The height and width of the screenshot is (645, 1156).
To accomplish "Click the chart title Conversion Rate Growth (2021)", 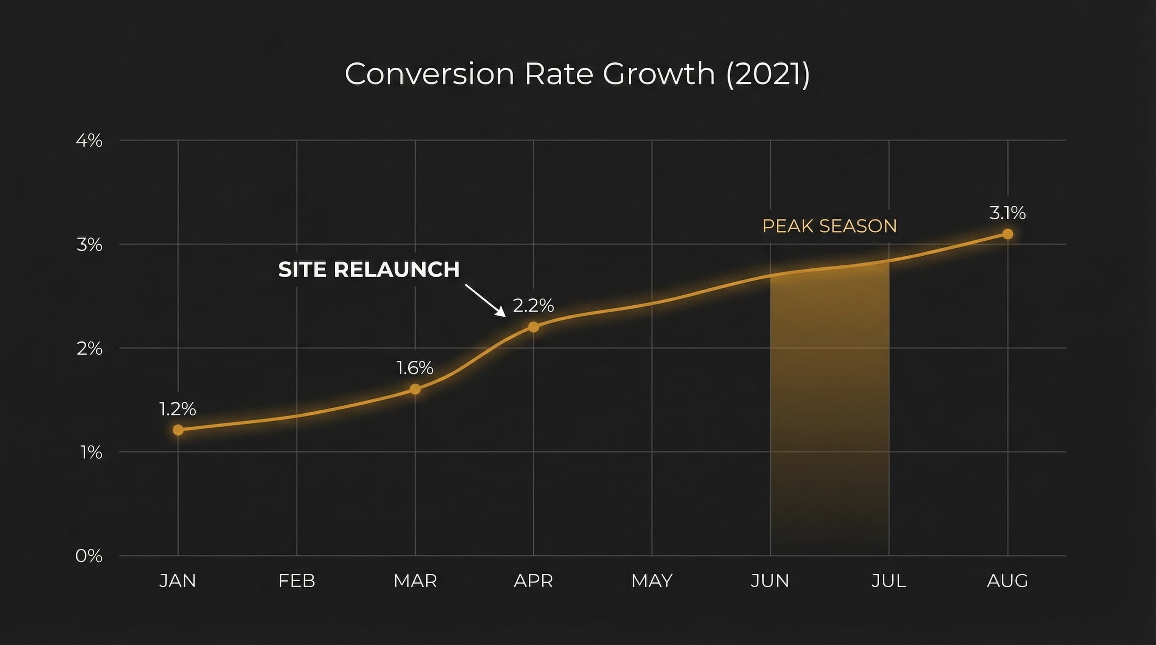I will point(577,74).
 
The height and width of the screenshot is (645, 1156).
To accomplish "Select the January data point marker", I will point(178,430).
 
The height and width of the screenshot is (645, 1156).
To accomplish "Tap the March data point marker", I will point(415,389).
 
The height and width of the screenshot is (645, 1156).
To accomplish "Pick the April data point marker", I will point(533,327).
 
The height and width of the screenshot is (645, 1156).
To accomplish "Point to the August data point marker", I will point(1007,234).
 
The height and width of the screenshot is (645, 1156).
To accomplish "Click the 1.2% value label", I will point(178,409).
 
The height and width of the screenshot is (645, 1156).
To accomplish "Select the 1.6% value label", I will point(415,368).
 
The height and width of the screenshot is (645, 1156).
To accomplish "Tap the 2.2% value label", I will point(533,305).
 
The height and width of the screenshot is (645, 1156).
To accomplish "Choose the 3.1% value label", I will point(1007,212).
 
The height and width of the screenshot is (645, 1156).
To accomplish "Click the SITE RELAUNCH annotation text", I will point(369,270).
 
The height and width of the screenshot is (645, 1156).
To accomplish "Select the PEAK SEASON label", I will point(829,226).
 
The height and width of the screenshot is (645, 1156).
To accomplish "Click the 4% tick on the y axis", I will point(89,140).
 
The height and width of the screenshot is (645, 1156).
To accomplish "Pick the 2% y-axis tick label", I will point(89,348).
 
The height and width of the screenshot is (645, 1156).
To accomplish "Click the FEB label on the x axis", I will point(297,581).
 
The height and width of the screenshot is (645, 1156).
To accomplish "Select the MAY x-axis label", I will point(652,581).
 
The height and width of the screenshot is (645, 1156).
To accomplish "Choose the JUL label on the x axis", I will point(888,581).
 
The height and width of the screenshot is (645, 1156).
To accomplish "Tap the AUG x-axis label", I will point(1007,581).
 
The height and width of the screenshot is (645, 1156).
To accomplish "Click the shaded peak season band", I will point(829,404).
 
